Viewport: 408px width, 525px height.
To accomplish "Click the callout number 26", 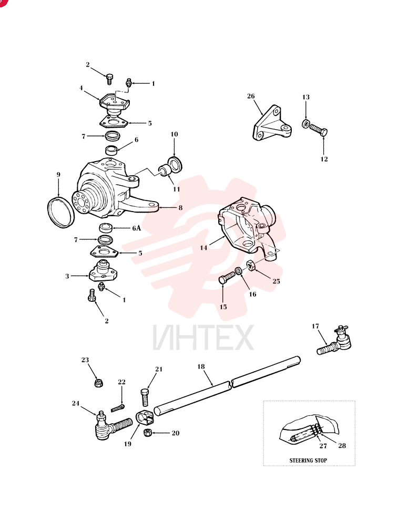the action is tap(251, 96).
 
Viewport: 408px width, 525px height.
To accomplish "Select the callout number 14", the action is tap(203, 248).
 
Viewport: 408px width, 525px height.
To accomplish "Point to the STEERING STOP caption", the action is tap(308, 460).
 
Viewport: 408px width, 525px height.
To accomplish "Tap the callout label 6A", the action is tap(137, 228).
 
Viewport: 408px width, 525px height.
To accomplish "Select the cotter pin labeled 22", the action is tap(117, 408).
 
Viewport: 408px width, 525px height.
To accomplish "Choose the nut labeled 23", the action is tap(98, 382).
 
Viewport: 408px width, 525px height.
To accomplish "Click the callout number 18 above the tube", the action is tap(201, 366).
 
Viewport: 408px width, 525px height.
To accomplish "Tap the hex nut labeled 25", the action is tap(251, 266).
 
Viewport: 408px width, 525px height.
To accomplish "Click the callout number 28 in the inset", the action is tap(342, 446).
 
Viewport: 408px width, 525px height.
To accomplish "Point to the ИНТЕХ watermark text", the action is tap(203, 338).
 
